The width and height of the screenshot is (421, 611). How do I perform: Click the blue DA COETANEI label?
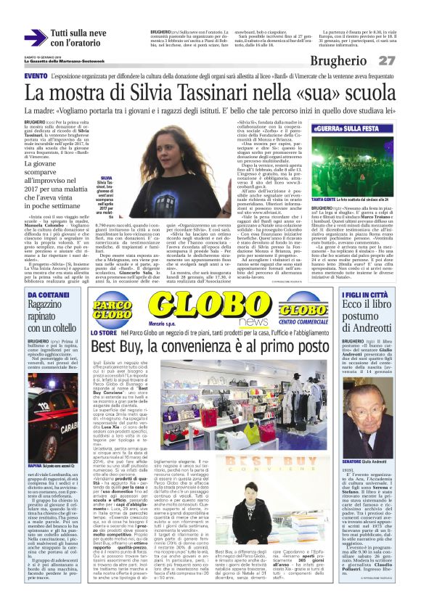(48, 296)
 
